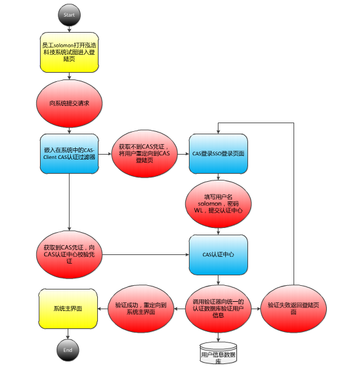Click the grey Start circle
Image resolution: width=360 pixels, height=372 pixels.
69,15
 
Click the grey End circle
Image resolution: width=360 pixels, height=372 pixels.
68,350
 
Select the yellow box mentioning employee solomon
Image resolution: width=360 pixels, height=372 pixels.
69,52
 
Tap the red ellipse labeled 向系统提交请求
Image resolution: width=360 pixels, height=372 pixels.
69,103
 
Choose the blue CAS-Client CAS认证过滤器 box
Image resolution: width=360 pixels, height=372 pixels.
69,154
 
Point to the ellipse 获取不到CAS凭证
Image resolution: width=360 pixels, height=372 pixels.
145,153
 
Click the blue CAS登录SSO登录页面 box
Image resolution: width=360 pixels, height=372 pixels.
218,154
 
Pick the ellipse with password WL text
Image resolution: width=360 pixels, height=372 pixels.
218,204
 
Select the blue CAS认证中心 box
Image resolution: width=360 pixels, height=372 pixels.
218,255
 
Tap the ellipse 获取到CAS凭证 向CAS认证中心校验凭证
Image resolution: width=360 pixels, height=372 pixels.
69,254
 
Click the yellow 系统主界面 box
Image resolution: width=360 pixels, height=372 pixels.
68,309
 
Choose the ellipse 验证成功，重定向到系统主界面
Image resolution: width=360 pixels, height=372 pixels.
141,309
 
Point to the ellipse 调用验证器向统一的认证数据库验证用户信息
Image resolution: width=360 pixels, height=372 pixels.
218,309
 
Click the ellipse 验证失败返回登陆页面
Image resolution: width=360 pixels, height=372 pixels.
294,309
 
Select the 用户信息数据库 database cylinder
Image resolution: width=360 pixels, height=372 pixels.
218,353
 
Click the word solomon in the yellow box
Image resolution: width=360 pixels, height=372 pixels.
64,46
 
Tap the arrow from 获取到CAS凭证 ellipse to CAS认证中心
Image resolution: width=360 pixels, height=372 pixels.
146,255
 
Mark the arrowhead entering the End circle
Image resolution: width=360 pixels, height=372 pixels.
68,337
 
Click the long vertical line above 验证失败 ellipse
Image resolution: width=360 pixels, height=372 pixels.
294,204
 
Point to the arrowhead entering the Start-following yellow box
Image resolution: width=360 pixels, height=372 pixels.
69,30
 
